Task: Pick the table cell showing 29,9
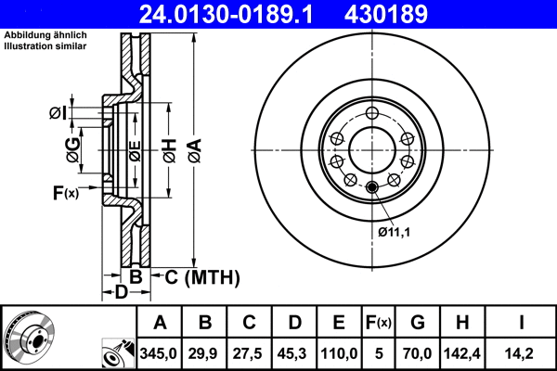coord(205,352)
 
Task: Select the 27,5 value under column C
coord(250,352)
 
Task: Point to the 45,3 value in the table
coord(294,352)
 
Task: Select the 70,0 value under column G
coord(419,352)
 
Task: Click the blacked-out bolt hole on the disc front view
coord(373,189)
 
